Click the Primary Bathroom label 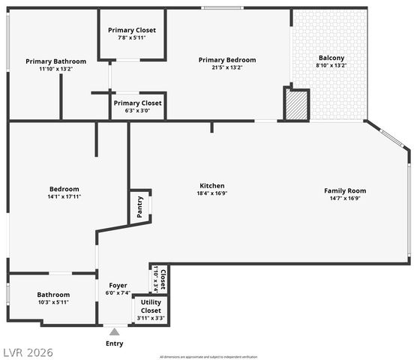pyautogui.click(x=55, y=61)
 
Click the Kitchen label pyautogui.click(x=211, y=186)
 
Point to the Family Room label pyautogui.click(x=345, y=190)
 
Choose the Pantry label pyautogui.click(x=141, y=206)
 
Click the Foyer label pyautogui.click(x=118, y=286)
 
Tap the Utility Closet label pyautogui.click(x=151, y=306)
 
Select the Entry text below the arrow pyautogui.click(x=114, y=343)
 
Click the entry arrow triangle pyautogui.click(x=114, y=331)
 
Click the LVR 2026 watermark pyautogui.click(x=27, y=352)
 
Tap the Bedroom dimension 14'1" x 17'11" pyautogui.click(x=64, y=196)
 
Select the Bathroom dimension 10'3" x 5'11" pyautogui.click(x=53, y=302)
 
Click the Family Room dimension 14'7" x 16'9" pyautogui.click(x=345, y=198)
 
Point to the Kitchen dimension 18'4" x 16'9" pyautogui.click(x=211, y=193)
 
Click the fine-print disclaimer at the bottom pyautogui.click(x=208, y=356)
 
